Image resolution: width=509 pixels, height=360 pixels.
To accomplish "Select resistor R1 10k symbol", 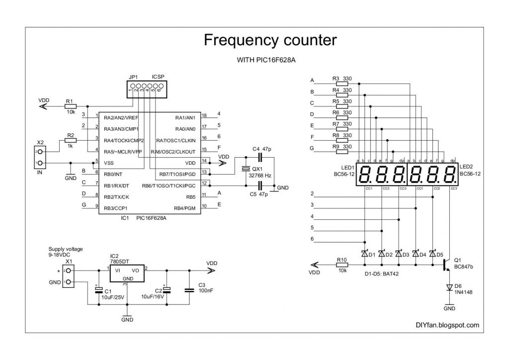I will click(x=70, y=106).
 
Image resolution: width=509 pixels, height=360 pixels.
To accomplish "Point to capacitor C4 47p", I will click(x=262, y=157).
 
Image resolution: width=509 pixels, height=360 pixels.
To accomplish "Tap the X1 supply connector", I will click(x=69, y=276).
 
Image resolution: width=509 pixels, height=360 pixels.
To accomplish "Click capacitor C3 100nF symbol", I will click(x=188, y=290).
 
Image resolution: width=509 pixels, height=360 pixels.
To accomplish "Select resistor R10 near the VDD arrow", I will click(x=341, y=265).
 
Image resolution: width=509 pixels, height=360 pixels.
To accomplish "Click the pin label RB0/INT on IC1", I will click(x=115, y=174).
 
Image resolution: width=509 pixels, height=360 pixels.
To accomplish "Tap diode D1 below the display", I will click(x=365, y=254).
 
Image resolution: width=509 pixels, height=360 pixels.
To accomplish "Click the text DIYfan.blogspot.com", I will click(x=447, y=325).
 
